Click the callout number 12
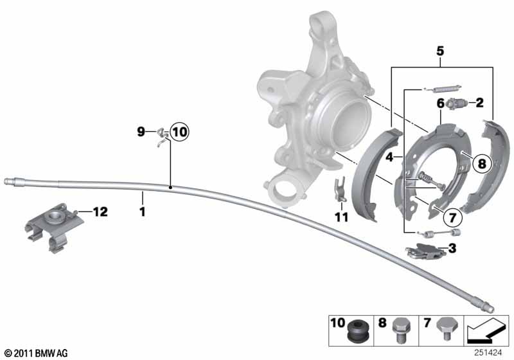coord(100,212)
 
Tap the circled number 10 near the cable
coord(180,132)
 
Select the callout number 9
coord(141,132)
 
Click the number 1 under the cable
coord(142,212)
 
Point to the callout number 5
coord(440,51)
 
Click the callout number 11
coord(341,217)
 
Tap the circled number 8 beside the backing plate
coord(481,163)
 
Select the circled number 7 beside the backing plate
coord(452,217)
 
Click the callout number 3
coord(452,248)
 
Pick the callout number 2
coord(479,103)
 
